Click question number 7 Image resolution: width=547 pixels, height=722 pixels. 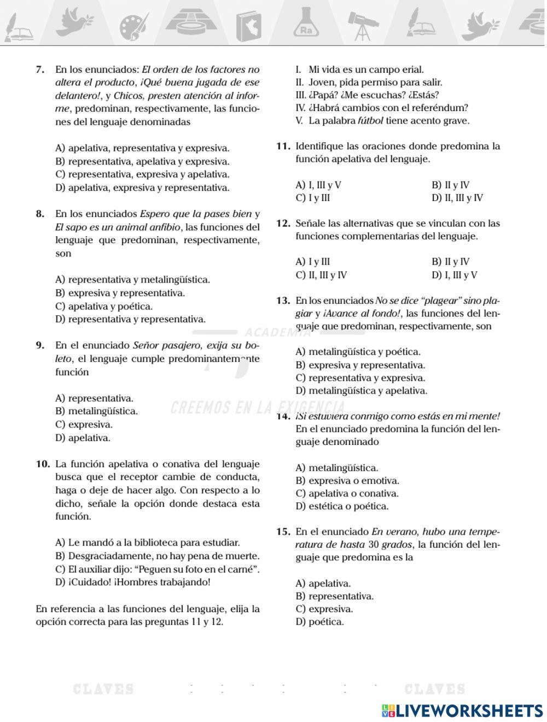click(39, 70)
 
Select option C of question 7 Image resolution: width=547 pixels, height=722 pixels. click(142, 175)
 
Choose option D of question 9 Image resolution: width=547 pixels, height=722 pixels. click(83, 438)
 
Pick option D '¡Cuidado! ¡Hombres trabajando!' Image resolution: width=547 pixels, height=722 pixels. click(133, 582)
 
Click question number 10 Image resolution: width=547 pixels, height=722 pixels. click(43, 465)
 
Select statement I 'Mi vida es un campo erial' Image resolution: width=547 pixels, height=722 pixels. click(360, 70)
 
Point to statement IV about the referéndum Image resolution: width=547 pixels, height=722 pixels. click(382, 108)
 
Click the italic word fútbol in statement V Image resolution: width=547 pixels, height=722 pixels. click(370, 121)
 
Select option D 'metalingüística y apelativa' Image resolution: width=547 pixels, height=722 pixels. click(362, 391)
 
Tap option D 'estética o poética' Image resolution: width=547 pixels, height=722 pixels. click(342, 506)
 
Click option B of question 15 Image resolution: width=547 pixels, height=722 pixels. click(334, 596)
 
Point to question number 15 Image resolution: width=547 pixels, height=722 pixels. click(283, 532)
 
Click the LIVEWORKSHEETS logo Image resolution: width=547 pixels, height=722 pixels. click(462, 710)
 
